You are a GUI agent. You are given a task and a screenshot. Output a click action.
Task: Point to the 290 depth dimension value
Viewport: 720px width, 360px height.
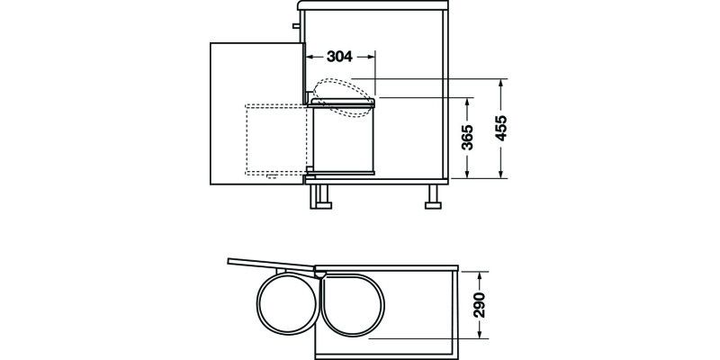click(479, 307)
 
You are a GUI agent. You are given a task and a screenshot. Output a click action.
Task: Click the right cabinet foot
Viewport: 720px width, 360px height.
click(434, 195)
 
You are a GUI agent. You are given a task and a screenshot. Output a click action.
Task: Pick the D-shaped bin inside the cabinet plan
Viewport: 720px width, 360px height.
click(351, 304)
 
